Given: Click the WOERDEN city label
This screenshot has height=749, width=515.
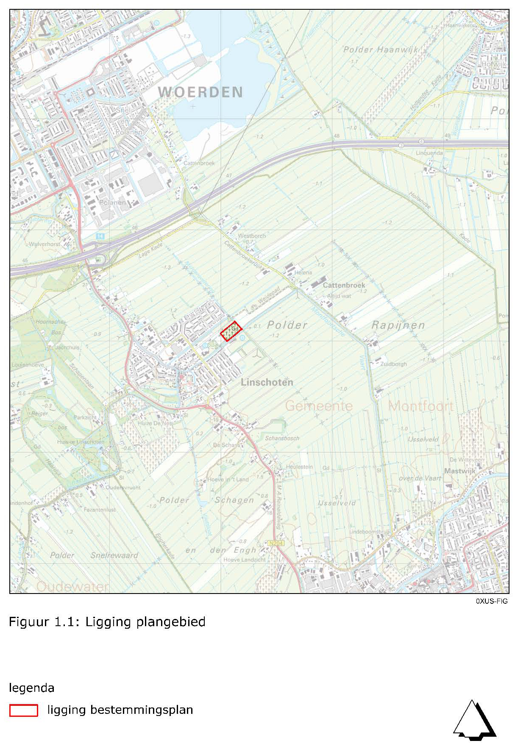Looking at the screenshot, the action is (200, 92).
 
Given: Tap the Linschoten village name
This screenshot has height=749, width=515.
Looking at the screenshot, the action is (267, 382).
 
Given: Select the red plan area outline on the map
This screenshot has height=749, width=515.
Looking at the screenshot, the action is (231, 331).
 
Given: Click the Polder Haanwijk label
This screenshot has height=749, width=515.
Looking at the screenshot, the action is (381, 50).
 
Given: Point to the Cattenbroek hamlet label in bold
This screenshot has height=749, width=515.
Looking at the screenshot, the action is (344, 285).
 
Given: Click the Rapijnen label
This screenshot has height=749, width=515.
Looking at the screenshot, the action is (398, 325).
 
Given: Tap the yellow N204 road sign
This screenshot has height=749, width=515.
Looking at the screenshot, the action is (276, 543).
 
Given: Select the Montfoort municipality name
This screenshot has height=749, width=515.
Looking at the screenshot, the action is (420, 406).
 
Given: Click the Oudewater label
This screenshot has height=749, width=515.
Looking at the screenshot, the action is (72, 586).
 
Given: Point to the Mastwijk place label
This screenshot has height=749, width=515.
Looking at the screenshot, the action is (460, 471).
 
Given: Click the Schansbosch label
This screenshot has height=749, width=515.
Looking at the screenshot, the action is (282, 438).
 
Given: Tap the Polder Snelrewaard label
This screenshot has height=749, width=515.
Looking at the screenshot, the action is (94, 555).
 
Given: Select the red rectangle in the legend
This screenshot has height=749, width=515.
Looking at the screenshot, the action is (24, 710).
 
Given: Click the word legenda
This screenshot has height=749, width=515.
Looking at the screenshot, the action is (32, 688).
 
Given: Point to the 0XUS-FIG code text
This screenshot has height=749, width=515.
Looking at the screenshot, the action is (491, 601).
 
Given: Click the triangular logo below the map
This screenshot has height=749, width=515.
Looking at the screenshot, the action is (474, 720).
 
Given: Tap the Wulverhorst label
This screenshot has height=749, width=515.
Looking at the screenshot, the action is (45, 244).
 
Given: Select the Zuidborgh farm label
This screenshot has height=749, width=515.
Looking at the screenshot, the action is (393, 364).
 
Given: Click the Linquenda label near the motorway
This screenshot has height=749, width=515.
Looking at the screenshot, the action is (429, 153).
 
